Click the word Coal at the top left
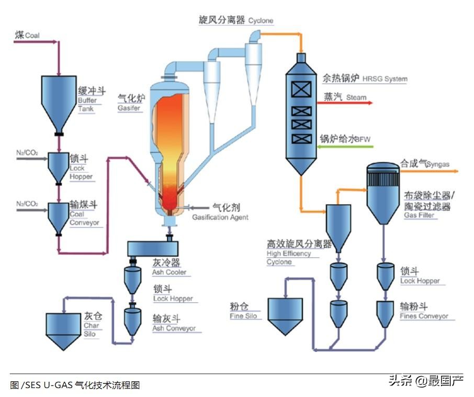click(x=32, y=36)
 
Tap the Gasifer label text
click(x=129, y=107)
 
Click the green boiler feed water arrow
click(x=346, y=146)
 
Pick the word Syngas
click(x=437, y=164)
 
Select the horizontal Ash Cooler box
click(x=153, y=247)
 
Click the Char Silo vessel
click(x=64, y=329)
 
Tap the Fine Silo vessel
click(x=285, y=314)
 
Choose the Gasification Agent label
click(x=220, y=217)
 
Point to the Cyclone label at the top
click(x=261, y=21)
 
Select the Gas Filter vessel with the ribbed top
click(x=383, y=194)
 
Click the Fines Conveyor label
click(x=424, y=316)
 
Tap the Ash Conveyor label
click(x=174, y=328)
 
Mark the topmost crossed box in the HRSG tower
click(x=301, y=90)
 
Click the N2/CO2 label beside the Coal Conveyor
click(x=27, y=203)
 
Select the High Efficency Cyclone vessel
click(x=338, y=225)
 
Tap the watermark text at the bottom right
click(x=425, y=380)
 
